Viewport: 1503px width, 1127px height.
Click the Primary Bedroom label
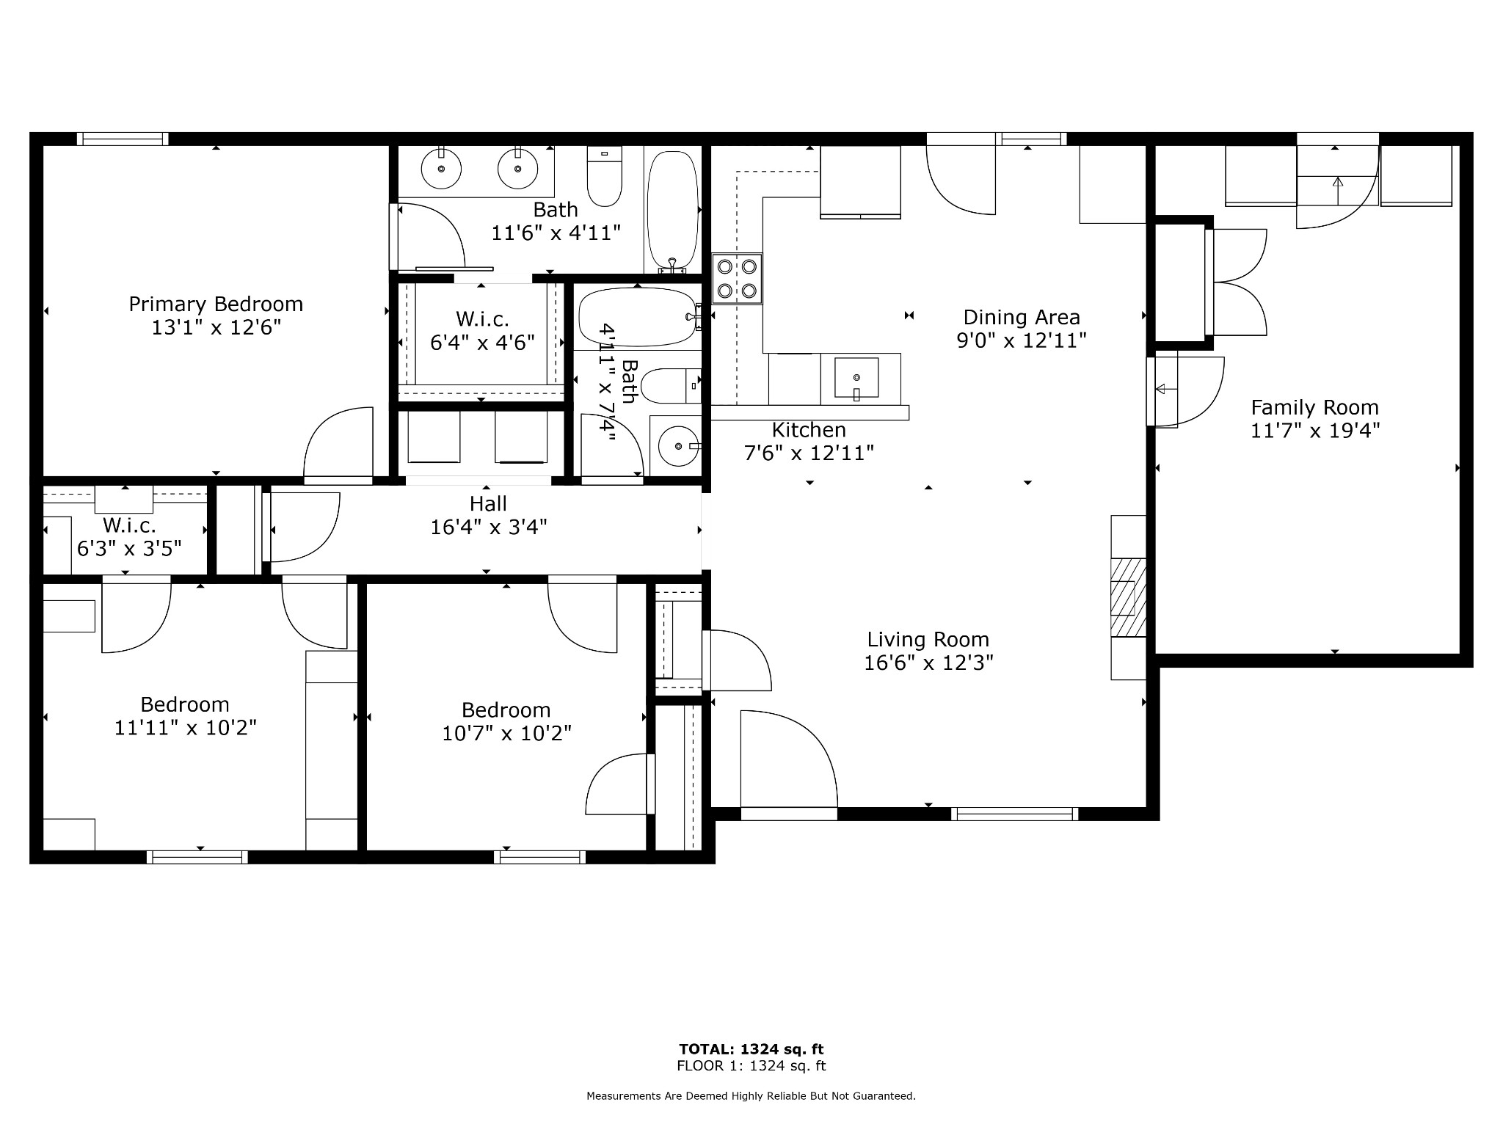[216, 304]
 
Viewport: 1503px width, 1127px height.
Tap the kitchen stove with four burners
[737, 279]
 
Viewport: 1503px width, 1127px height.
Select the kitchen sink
[856, 378]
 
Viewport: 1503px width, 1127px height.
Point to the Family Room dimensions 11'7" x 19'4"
[1315, 431]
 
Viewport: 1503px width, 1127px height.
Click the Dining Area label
[1022, 317]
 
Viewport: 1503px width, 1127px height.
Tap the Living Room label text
[928, 640]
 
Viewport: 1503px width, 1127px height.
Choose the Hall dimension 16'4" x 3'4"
[489, 528]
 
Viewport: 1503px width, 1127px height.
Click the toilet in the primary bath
[605, 176]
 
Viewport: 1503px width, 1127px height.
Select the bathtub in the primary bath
[673, 211]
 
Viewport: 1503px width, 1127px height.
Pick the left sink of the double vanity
[441, 168]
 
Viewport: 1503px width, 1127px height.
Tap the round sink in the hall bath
[679, 445]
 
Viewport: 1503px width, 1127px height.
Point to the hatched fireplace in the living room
[1128, 597]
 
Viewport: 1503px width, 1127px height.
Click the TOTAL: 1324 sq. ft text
[751, 1049]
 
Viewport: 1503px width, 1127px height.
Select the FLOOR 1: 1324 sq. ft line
[751, 1066]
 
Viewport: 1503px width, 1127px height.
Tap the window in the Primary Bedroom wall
[123, 139]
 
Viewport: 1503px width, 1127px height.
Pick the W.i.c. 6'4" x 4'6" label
[482, 331]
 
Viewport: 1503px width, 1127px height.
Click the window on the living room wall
[1015, 814]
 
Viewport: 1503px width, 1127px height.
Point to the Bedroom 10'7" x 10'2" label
[506, 722]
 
